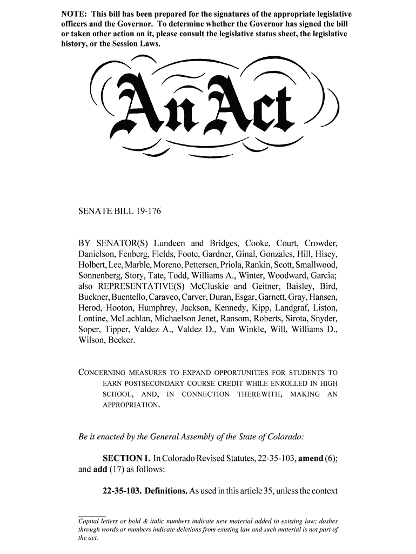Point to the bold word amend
(x=310, y=459)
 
